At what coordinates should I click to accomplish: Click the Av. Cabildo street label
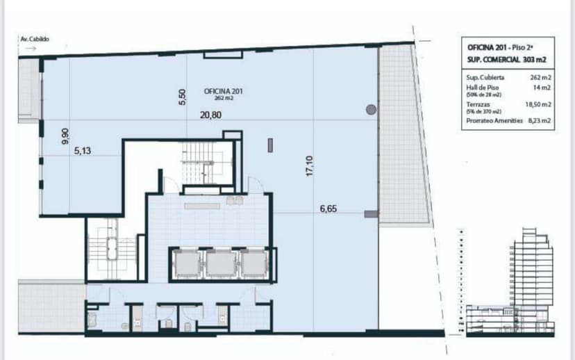tap(35, 40)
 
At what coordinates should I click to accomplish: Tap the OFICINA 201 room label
tap(224, 91)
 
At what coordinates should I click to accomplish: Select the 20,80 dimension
tap(211, 115)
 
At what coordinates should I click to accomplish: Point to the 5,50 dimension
tap(183, 97)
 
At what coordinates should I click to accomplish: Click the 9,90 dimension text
tap(65, 136)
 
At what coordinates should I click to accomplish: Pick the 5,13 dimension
tap(83, 148)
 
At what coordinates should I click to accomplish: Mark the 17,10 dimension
tap(310, 166)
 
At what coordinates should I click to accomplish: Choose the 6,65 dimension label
tap(328, 208)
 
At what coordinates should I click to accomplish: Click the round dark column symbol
tap(372, 108)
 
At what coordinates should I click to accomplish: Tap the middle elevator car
tap(219, 263)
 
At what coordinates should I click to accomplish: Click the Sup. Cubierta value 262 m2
tap(540, 78)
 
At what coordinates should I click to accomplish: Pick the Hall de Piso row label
tap(483, 88)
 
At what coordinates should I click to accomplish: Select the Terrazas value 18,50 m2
tap(537, 104)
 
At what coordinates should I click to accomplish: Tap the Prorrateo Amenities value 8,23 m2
tap(539, 120)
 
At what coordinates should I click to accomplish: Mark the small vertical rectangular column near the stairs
tap(270, 145)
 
